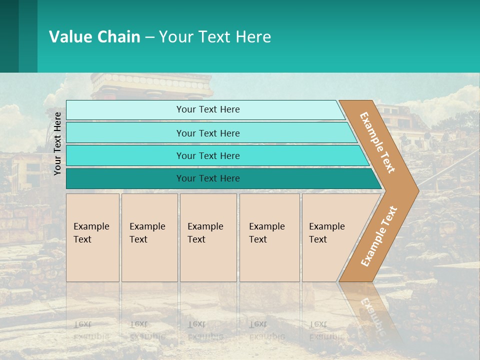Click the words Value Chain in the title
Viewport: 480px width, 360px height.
point(94,37)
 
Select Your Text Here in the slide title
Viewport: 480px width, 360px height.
point(215,37)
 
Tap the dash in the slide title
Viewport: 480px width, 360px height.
point(149,37)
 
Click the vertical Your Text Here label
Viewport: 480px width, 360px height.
point(57,143)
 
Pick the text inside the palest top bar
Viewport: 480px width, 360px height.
point(208,109)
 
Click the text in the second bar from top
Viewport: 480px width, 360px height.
point(208,133)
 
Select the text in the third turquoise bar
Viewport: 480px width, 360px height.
point(208,156)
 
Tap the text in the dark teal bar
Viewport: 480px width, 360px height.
point(208,178)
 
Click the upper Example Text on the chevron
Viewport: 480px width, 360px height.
point(378,142)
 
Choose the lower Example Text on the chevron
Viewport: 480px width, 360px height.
point(379,236)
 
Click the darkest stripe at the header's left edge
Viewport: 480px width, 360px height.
point(9,36)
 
